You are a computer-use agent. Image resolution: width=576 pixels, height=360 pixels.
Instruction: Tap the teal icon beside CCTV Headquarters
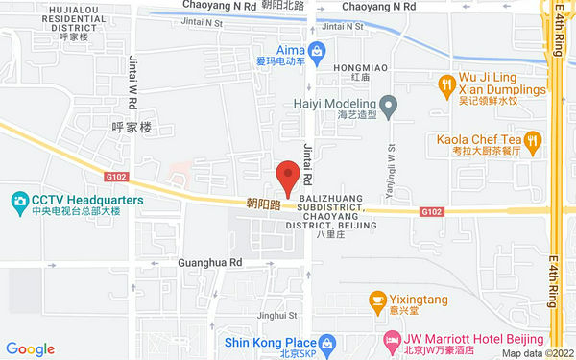pos(19,200)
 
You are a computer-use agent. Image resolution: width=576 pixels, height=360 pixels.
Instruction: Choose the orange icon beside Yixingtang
pos(378,300)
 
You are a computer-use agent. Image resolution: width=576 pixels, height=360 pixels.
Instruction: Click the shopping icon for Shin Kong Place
pos(328,343)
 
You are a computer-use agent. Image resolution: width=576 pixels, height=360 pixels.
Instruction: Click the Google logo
pos(30,348)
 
